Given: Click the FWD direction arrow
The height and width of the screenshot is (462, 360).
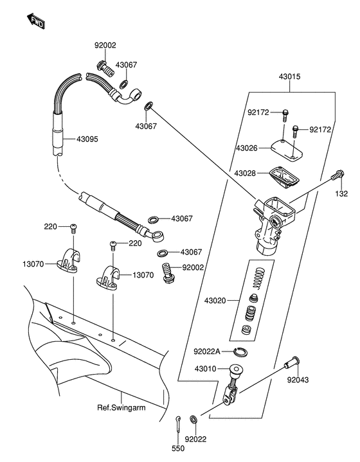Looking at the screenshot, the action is click(x=35, y=21).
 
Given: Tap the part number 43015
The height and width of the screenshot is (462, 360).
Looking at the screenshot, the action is click(x=289, y=76).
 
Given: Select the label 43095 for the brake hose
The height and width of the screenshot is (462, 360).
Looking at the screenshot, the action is click(x=87, y=139).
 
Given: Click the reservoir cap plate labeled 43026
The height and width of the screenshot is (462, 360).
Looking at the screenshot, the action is click(x=287, y=150).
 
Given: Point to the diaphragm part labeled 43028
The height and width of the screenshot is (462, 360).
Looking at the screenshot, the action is click(x=285, y=176).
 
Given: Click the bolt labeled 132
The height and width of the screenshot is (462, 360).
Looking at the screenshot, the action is click(x=337, y=175).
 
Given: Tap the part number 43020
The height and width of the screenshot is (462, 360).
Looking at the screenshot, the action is click(x=215, y=301).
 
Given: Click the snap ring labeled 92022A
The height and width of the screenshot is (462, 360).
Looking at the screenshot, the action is click(x=240, y=351).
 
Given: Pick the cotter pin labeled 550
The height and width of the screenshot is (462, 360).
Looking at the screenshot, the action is click(x=179, y=424).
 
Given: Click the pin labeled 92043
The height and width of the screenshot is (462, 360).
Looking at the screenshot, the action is click(x=292, y=362).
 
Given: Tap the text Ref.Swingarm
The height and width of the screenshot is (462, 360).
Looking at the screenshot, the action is click(x=122, y=408).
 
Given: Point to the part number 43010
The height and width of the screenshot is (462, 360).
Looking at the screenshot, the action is click(x=205, y=369).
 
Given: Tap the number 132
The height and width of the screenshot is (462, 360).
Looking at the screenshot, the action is click(x=341, y=193).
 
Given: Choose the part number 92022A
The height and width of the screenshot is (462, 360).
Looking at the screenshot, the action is click(x=207, y=351).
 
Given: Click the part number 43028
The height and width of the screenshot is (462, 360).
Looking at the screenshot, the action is click(x=245, y=173).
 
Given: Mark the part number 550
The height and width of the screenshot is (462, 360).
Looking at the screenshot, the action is click(x=178, y=449).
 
